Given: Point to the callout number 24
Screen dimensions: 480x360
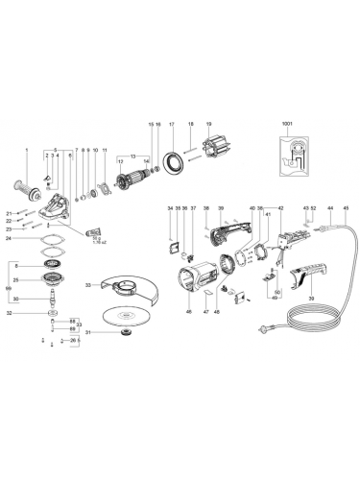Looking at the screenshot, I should [x=9, y=240].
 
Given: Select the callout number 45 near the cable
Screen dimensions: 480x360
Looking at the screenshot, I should [x=345, y=208].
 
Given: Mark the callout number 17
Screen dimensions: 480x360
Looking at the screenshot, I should [x=171, y=126].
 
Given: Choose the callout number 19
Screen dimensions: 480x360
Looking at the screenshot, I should [x=206, y=126].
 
